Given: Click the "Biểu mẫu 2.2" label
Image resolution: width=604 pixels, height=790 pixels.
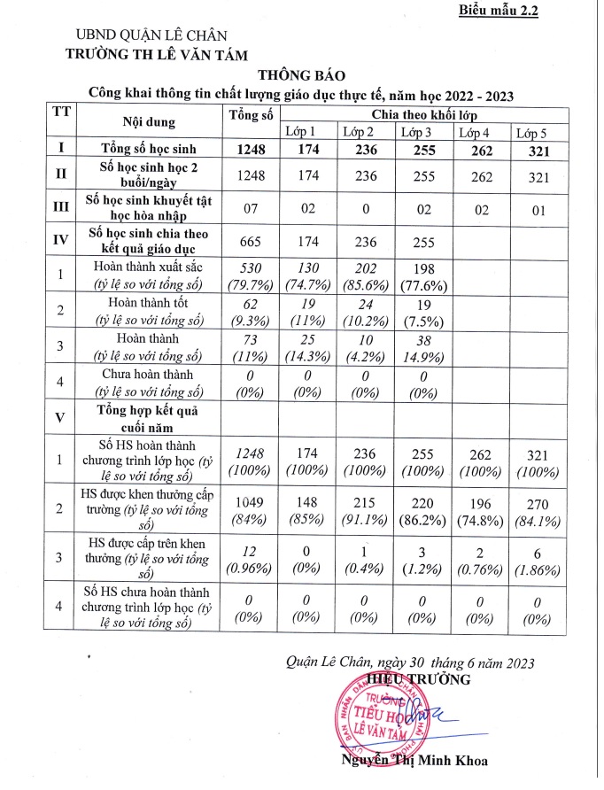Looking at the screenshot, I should point(499,12).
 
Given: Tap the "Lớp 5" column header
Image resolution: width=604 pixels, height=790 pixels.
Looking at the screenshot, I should point(531,133).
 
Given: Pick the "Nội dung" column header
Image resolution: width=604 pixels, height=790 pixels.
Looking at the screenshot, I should point(149,123).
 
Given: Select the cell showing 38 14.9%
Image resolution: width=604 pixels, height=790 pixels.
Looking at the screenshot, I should point(422,346).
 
